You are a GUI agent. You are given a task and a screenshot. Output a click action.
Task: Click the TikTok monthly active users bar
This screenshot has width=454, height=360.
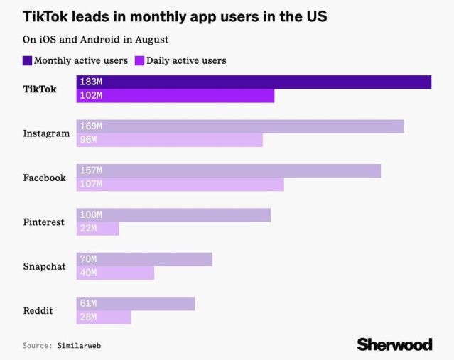[254, 82]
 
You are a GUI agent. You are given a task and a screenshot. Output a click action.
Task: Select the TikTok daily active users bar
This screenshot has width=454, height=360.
[175, 96]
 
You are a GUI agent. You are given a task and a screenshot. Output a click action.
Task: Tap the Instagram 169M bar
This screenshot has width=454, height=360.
[240, 126]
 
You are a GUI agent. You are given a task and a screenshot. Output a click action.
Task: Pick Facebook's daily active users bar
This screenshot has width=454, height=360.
[180, 184]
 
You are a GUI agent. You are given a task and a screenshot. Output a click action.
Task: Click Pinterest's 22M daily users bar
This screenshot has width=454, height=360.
[98, 229]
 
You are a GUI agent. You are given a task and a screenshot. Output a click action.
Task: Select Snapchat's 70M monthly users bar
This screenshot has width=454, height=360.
[144, 259]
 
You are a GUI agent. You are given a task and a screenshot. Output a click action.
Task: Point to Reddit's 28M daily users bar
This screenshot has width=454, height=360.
[104, 317]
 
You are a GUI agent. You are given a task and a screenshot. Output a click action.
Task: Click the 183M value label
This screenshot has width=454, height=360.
[91, 82]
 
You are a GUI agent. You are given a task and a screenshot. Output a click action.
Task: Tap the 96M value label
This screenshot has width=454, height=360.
[88, 140]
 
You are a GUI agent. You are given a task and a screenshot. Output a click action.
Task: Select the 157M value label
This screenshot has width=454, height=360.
[91, 171]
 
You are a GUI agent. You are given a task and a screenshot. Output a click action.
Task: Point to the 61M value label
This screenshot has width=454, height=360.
[88, 304]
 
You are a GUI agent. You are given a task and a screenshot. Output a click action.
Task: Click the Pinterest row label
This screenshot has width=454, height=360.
[44, 222]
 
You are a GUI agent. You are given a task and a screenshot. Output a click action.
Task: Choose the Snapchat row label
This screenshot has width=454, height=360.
[44, 266]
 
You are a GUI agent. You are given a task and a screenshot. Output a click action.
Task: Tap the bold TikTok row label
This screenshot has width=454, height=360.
[40, 89]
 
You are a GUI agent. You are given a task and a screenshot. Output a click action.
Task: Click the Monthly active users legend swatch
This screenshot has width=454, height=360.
[27, 60]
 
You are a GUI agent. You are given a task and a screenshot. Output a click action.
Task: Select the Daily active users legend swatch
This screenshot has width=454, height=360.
[140, 60]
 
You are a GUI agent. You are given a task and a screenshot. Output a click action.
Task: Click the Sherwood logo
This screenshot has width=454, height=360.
[394, 344]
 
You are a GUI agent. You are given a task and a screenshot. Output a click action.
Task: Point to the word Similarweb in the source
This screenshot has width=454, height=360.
[84, 345]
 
